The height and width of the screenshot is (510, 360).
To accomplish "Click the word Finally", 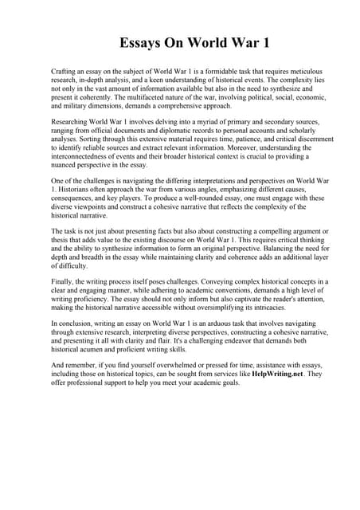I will tap(62, 280).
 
